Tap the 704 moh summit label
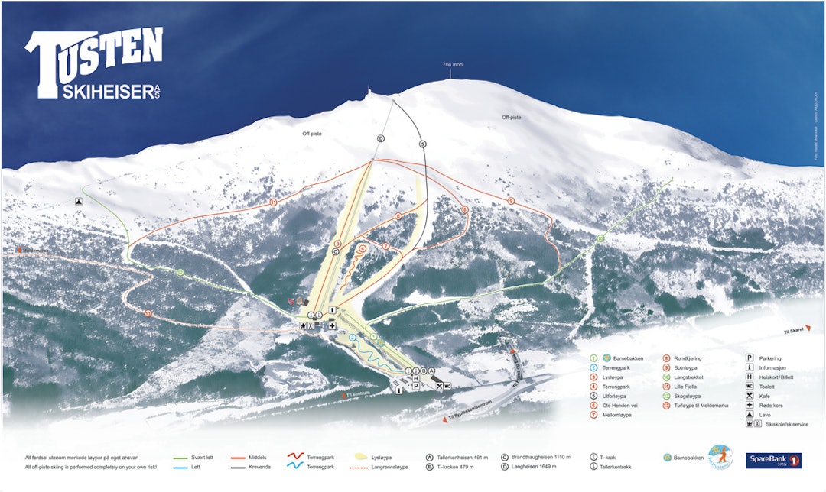(452, 65)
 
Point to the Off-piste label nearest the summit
(512, 118)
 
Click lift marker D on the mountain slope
(380, 138)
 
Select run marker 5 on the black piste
(422, 144)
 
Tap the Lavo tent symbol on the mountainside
(79, 202)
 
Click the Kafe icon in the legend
(750, 396)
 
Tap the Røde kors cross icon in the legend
(750, 405)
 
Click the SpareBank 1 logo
(774, 461)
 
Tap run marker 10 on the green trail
(600, 239)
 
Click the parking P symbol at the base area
(415, 387)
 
